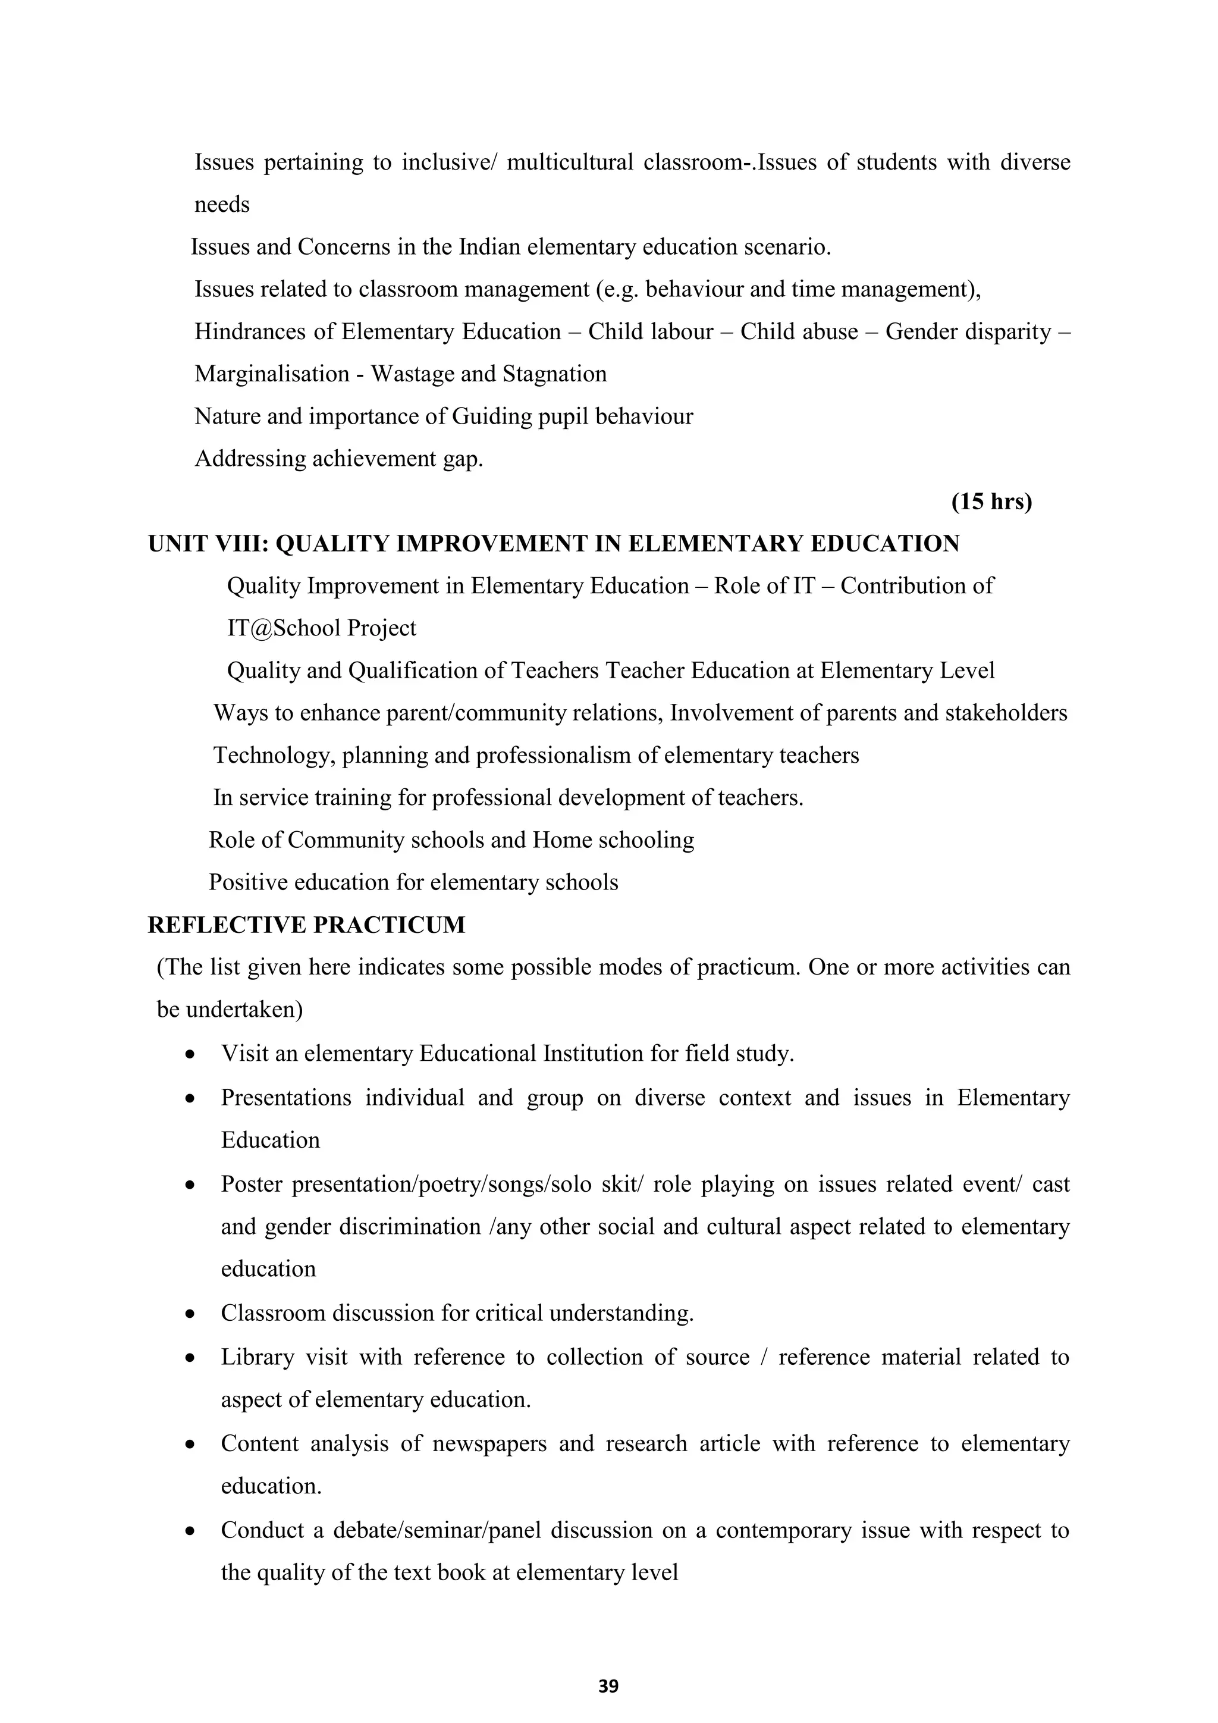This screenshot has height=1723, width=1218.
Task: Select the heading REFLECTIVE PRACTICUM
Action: coord(306,925)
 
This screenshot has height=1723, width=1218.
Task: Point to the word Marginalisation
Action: coord(272,374)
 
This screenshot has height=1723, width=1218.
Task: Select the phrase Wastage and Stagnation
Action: coord(488,374)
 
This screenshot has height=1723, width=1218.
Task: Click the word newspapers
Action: coord(489,1443)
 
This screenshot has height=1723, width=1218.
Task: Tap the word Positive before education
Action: coord(247,882)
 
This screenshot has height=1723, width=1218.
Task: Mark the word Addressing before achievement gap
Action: coord(250,459)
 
